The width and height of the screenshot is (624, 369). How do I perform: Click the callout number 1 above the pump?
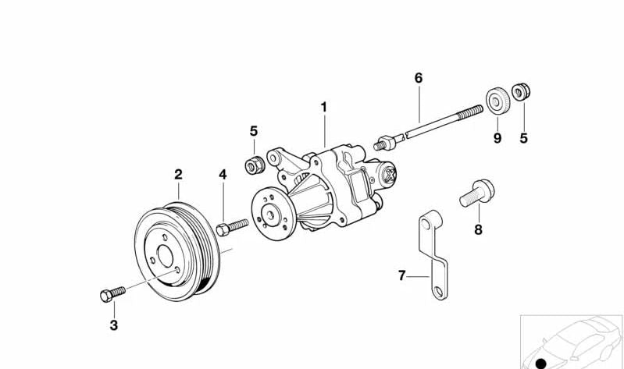[x=323, y=107]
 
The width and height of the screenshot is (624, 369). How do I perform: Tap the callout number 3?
[x=113, y=325]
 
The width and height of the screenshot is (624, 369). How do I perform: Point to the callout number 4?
[x=223, y=175]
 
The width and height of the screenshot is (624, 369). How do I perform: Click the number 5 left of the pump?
[x=254, y=130]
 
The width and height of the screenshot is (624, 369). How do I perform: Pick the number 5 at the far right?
[x=523, y=138]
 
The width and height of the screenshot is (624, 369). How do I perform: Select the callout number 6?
[x=418, y=78]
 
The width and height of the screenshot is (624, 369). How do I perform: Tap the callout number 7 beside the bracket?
[x=402, y=275]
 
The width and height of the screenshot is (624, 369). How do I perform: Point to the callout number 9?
[x=496, y=138]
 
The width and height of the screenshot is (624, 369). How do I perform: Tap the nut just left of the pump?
[x=255, y=165]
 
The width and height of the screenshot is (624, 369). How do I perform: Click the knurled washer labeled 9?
[x=495, y=101]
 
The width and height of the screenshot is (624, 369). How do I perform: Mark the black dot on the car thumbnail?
[x=540, y=363]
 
